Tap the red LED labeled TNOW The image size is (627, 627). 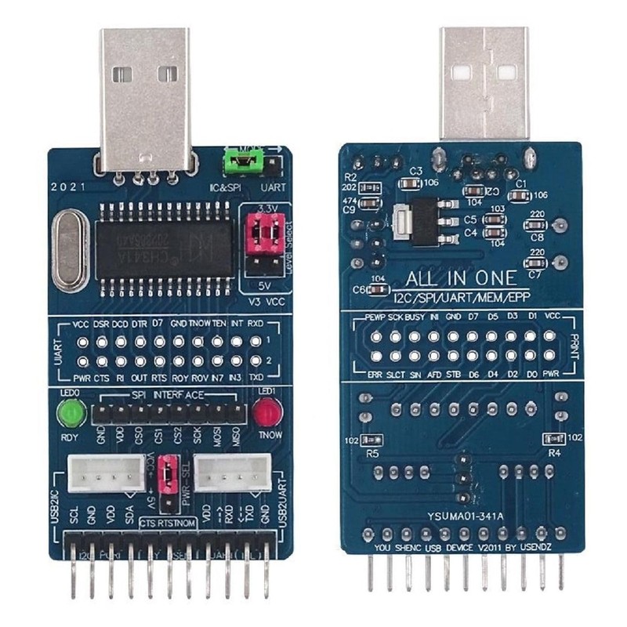click(x=267, y=411)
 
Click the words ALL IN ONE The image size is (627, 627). click(x=460, y=278)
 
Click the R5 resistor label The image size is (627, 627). click(x=373, y=453)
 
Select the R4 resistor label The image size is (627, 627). click(x=554, y=452)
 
